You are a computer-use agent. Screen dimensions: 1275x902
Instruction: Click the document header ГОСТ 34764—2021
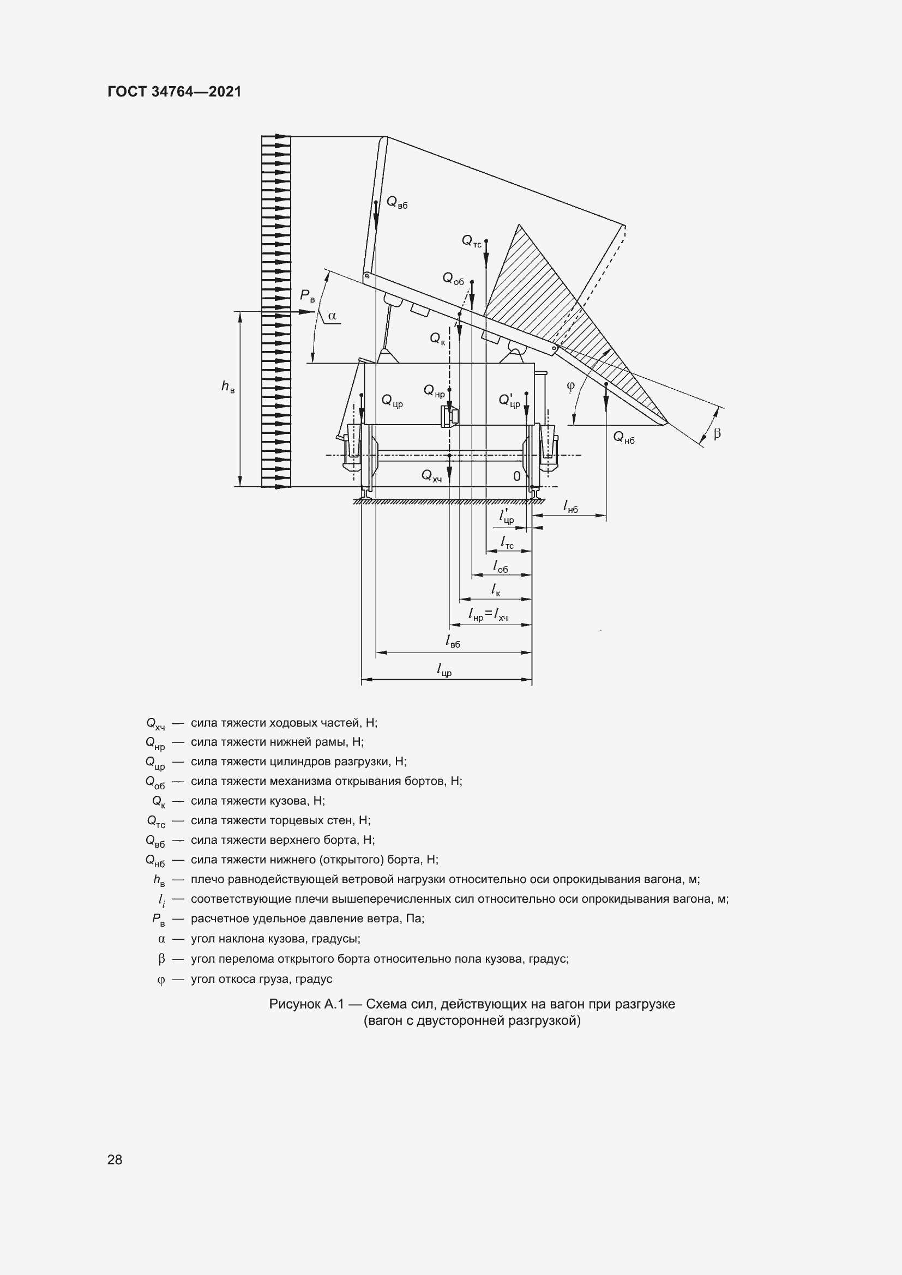tap(175, 92)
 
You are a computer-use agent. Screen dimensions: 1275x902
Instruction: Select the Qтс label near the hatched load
tap(472, 241)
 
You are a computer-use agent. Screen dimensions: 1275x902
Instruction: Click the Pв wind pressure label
tap(307, 296)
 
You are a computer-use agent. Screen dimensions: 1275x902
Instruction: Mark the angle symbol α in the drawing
tap(332, 316)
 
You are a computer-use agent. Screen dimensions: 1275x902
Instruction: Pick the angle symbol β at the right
tap(717, 433)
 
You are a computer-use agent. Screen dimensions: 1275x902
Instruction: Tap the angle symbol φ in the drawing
tap(571, 386)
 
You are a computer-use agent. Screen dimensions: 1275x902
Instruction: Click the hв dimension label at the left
tap(228, 386)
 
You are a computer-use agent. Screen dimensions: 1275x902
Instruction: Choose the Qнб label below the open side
tap(623, 438)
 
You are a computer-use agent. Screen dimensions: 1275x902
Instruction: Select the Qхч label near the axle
tap(431, 475)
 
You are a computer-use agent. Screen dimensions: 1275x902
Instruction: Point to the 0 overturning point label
tap(516, 476)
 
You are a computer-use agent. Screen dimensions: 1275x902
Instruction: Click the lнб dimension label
tap(570, 506)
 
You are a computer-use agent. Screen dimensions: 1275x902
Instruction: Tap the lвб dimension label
tap(453, 641)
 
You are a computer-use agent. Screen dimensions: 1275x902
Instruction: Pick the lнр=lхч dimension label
tap(488, 614)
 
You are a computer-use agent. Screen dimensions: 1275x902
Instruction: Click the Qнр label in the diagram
tap(434, 391)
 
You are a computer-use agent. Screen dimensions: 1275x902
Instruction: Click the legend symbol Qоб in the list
tap(155, 782)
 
